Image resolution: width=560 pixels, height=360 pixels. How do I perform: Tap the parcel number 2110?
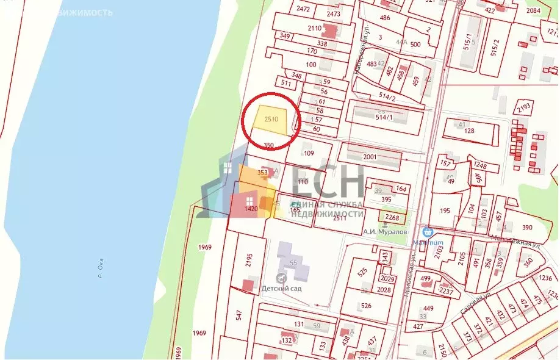point(315,28)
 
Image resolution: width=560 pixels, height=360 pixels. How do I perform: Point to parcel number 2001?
point(370,157)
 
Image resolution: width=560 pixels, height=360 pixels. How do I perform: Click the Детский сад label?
point(281,288)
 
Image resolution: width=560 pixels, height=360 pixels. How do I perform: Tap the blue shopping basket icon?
point(428,232)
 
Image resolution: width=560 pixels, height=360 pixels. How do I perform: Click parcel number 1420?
point(251,209)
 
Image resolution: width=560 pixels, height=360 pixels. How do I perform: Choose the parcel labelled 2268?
point(392,216)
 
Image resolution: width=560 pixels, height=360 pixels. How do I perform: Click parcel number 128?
point(469,131)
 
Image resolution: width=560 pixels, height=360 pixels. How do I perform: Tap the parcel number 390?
point(527,227)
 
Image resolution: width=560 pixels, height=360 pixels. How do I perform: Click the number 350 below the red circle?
point(268,145)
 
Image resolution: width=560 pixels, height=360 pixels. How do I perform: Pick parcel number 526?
point(366,306)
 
